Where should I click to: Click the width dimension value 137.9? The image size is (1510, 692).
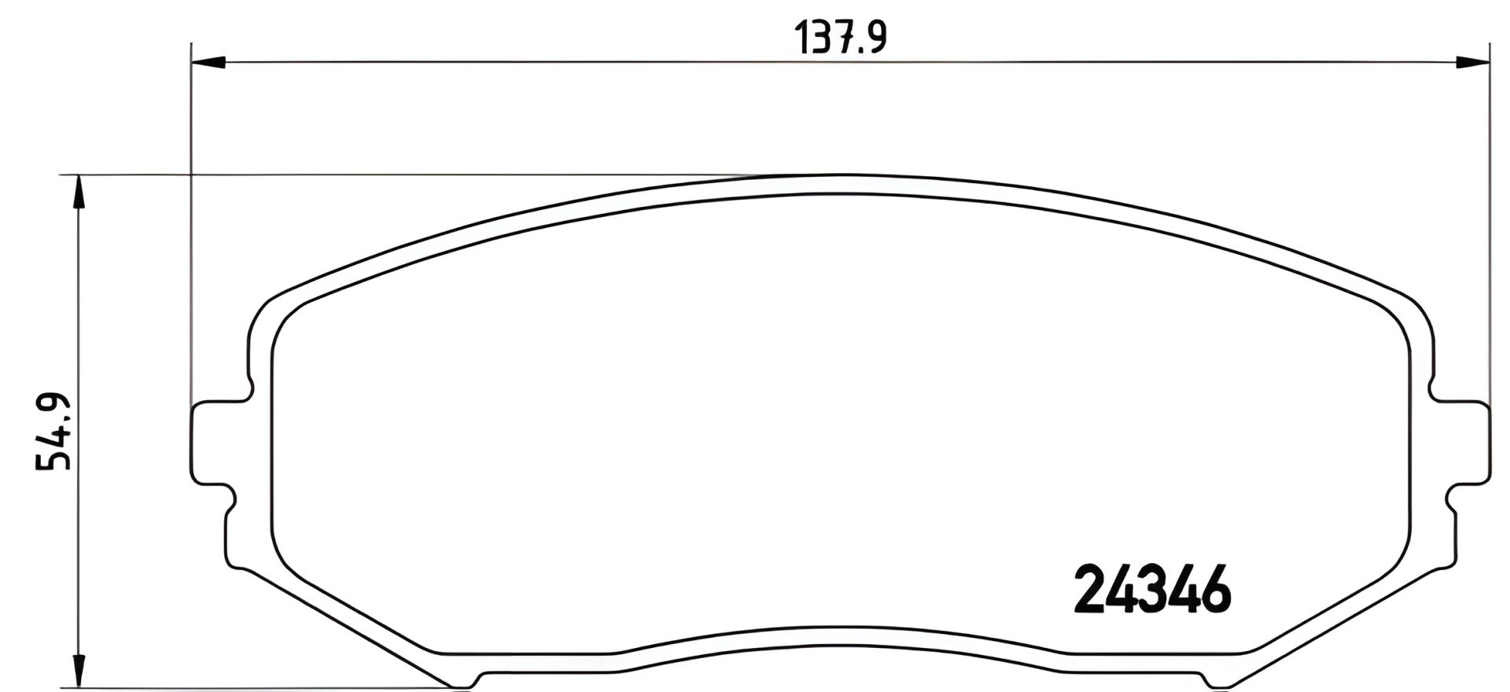[841, 37]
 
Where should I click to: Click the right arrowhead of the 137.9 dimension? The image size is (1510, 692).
[1473, 62]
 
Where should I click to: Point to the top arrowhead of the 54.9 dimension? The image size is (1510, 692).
[76, 191]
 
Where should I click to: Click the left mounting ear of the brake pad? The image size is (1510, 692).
[211, 443]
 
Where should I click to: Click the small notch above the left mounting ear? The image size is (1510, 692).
[250, 389]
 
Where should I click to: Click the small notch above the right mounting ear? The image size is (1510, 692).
[1433, 389]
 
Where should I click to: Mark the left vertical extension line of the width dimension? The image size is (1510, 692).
[191, 236]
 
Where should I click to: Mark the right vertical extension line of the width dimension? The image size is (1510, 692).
[1490, 236]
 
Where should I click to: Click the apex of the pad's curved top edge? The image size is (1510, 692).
[842, 175]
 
